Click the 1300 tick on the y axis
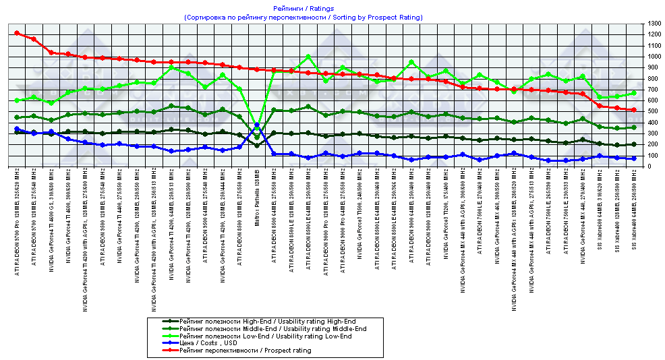[x=652, y=24]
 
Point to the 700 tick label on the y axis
[x=652, y=89]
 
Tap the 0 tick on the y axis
[x=649, y=166]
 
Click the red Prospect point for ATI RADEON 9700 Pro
[x=17, y=32]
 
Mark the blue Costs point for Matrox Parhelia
[x=256, y=125]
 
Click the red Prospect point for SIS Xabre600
[x=600, y=106]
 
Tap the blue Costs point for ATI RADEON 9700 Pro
[x=17, y=129]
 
